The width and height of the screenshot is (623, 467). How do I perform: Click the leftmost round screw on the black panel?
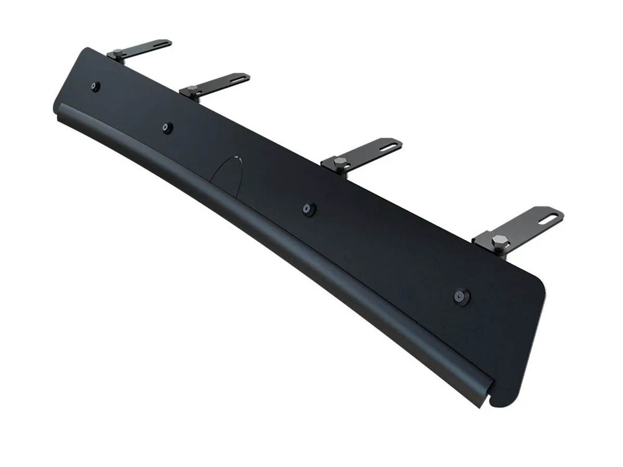click(x=95, y=87)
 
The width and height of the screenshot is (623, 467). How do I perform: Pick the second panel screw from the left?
click(x=167, y=128)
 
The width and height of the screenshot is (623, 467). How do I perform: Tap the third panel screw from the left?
click(x=308, y=208)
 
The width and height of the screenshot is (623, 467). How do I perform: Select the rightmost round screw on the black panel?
click(x=459, y=296)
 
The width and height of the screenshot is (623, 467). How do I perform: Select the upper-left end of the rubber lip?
click(x=60, y=110)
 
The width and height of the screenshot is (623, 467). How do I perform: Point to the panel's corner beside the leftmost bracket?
click(x=86, y=51)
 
